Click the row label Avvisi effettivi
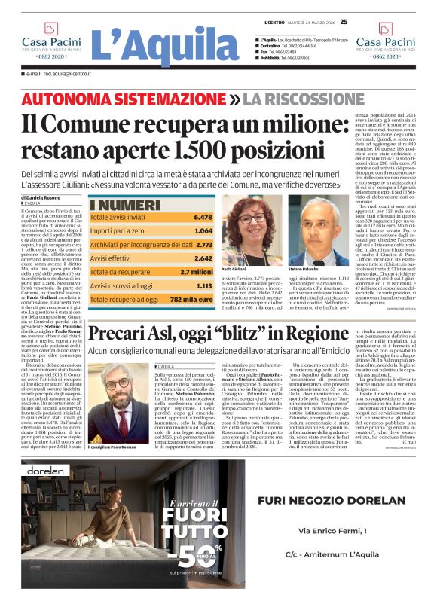point(114,258)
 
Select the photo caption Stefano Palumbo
point(304,267)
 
